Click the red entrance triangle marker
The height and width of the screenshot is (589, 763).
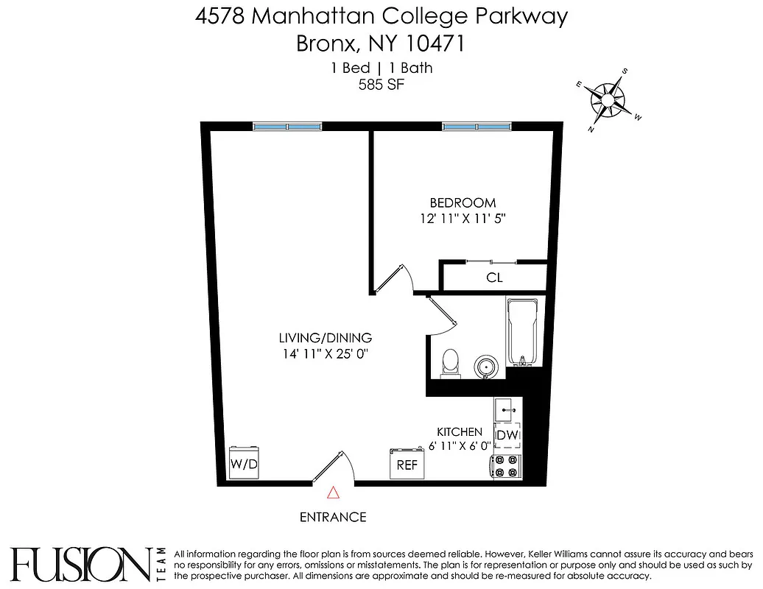(333, 493)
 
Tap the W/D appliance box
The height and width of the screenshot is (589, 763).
(245, 463)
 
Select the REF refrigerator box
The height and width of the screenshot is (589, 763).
(407, 464)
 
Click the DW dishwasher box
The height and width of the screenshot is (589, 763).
(507, 436)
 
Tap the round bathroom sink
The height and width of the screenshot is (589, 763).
(485, 366)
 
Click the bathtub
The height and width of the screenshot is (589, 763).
(524, 331)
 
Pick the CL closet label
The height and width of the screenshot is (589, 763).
(494, 278)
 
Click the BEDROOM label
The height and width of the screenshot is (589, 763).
(463, 202)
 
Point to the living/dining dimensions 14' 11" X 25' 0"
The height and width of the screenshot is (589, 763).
(325, 353)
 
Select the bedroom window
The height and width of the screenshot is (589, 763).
(476, 127)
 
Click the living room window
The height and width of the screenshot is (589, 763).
(287, 127)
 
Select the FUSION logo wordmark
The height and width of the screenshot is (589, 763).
(81, 565)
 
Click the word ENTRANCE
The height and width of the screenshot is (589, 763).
(333, 517)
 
